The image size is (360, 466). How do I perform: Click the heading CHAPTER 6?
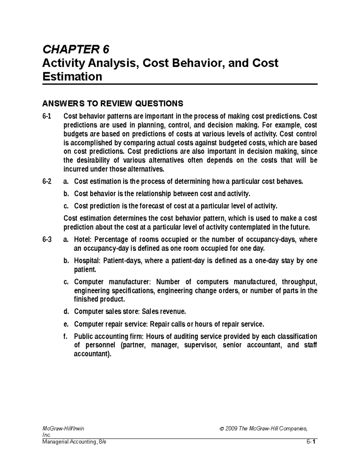tap(76, 49)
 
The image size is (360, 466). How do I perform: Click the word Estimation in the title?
tap(72, 77)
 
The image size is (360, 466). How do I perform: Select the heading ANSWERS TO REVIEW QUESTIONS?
tap(112, 104)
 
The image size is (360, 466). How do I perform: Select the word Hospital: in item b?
tap(87, 261)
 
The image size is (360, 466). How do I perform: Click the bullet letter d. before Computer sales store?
tap(66, 312)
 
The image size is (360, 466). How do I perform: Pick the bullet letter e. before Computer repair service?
tap(66, 324)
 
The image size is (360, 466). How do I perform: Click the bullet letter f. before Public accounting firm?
tap(66, 336)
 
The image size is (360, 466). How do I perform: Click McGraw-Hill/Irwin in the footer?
tap(63, 428)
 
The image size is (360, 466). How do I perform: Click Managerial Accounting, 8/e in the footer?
tap(74, 442)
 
